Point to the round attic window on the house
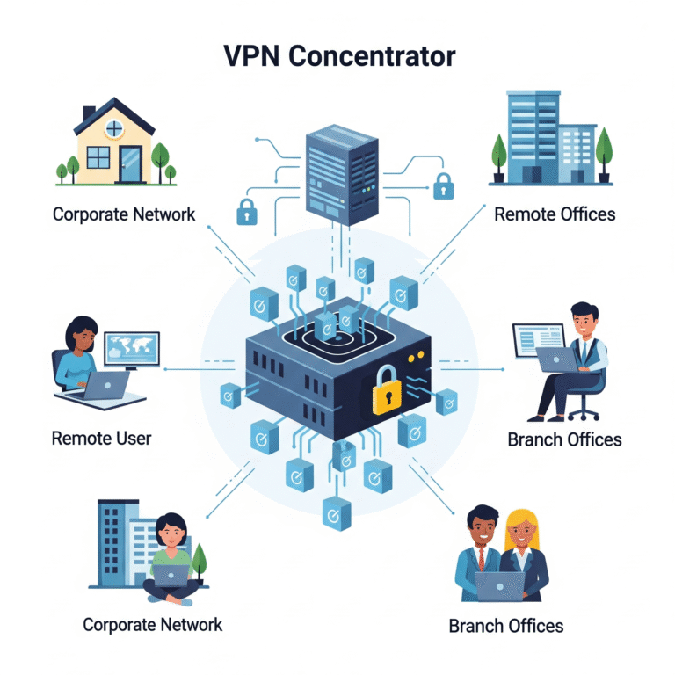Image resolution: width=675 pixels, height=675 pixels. point(114,129)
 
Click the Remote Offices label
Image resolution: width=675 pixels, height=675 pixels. point(555,214)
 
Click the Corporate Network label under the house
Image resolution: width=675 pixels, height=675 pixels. point(124,214)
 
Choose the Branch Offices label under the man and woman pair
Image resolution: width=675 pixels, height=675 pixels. point(505,626)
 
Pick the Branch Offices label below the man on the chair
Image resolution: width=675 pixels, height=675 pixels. point(564,439)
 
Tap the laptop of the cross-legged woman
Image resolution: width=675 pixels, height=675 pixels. point(172,575)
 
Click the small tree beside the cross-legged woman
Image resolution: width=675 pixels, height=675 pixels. point(200,562)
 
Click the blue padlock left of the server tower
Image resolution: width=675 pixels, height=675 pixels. point(245,211)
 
